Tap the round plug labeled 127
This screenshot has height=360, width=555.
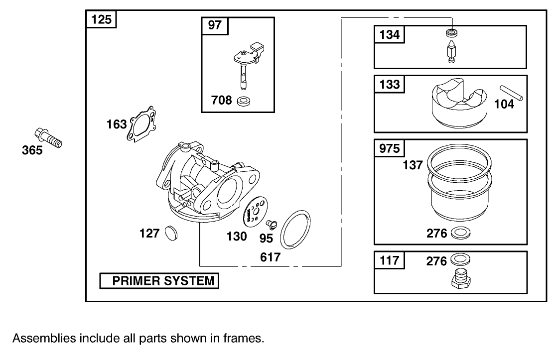(171, 232)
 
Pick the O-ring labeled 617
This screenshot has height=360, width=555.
(295, 229)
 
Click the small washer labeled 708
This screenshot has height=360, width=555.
(244, 102)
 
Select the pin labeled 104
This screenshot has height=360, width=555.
(512, 94)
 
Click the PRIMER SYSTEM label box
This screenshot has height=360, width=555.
(159, 281)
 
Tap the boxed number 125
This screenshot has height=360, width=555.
(102, 20)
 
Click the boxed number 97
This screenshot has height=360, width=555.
(215, 25)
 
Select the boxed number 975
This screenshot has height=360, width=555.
(390, 148)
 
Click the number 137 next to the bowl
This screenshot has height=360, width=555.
(413, 165)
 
